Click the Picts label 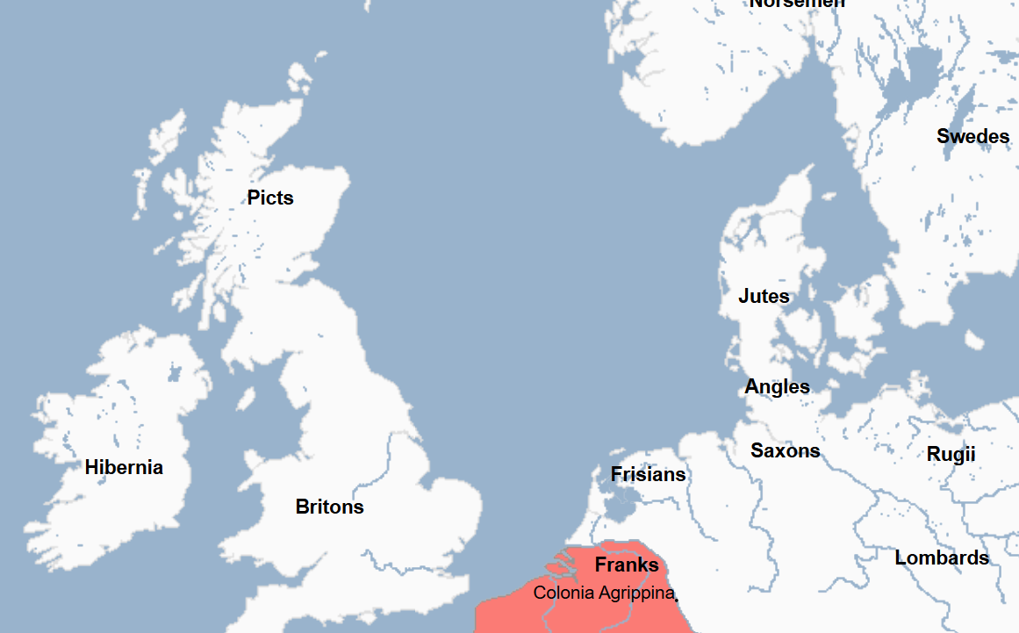270,198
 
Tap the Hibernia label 124,467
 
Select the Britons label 329,507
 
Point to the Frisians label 648,475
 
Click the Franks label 627,565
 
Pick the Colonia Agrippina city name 603,593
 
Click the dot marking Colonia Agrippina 677,599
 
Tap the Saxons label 785,451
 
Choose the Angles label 777,386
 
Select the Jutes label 764,297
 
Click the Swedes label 972,137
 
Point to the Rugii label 951,455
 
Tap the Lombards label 941,558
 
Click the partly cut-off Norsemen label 797,4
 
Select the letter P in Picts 253,198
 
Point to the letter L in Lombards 900,558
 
